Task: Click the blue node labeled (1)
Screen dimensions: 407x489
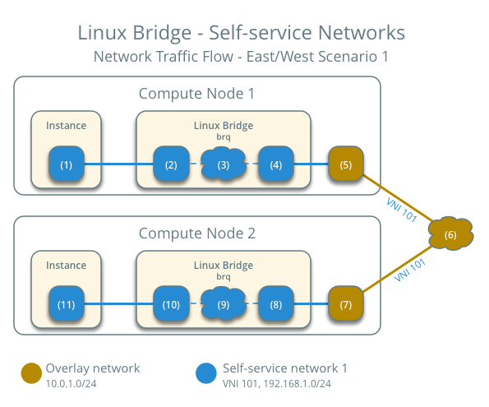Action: point(66,164)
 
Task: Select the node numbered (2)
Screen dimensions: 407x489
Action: point(171,164)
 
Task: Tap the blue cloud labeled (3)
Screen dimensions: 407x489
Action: point(224,164)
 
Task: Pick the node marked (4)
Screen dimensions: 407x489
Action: point(276,164)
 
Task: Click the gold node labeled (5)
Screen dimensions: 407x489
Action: point(345,164)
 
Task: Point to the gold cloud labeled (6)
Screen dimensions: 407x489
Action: point(450,235)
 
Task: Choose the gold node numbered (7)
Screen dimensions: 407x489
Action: point(345,304)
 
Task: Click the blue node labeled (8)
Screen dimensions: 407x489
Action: point(276,304)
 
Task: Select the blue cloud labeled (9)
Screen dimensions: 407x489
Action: point(224,304)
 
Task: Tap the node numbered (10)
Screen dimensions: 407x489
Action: point(171,304)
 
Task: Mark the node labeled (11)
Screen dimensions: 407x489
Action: point(66,304)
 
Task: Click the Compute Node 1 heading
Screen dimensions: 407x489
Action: point(196,94)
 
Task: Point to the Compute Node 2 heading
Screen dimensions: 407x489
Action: point(196,234)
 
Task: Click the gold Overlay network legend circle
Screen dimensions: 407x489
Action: point(31,373)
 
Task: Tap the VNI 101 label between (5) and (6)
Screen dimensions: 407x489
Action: point(401,207)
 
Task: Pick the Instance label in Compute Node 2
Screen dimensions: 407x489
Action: point(66,266)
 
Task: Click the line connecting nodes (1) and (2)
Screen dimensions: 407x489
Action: point(119,164)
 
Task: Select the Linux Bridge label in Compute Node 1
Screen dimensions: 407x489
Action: point(223,125)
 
